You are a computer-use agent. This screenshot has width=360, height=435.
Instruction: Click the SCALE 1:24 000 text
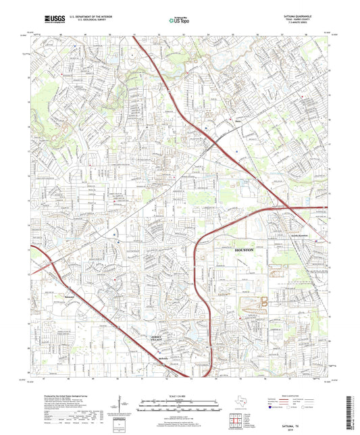(x=180, y=396)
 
